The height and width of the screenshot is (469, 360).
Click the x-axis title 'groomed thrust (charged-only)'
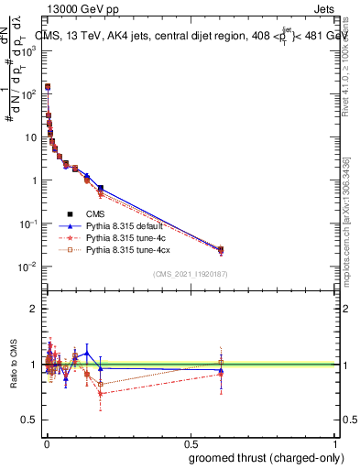pos(263,457)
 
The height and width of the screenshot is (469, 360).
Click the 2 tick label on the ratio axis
pos(34,309)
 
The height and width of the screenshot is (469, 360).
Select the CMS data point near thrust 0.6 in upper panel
pos(221,249)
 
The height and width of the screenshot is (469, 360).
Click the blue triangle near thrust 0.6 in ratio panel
pos(221,371)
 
